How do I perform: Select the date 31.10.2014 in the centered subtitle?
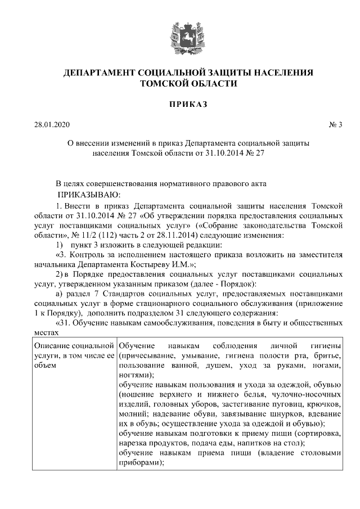tap(218, 154)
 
